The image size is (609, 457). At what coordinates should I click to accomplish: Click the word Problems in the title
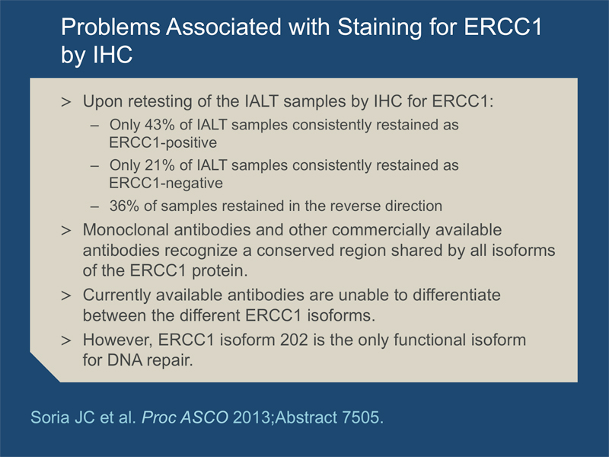[110, 27]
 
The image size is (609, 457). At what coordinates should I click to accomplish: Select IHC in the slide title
[113, 54]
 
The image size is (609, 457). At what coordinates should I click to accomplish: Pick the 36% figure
[124, 206]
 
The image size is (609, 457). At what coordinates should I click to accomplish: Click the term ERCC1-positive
[163, 143]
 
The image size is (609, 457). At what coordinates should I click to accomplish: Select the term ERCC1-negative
[166, 184]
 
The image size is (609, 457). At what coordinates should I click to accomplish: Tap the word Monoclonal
[126, 230]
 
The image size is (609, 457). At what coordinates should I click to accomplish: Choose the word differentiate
[456, 295]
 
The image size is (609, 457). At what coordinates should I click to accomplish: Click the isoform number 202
[294, 340]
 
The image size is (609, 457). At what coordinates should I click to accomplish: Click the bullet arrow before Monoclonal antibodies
[66, 231]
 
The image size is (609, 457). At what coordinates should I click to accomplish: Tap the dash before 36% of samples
[94, 206]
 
